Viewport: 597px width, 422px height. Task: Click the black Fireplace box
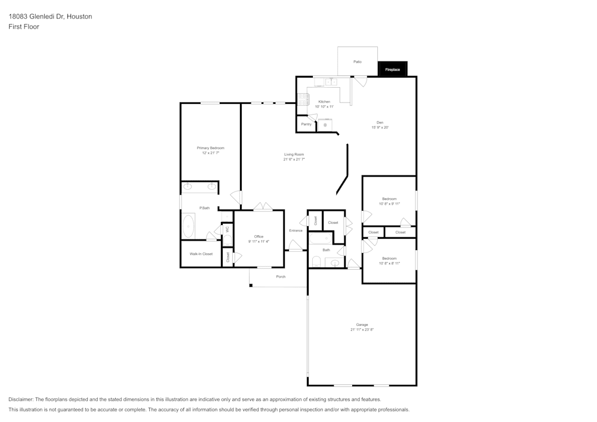pyautogui.click(x=392, y=70)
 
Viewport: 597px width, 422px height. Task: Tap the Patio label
pyautogui.click(x=357, y=61)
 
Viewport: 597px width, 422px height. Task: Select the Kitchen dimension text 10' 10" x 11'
pyautogui.click(x=324, y=107)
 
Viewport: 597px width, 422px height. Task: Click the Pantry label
pyautogui.click(x=306, y=124)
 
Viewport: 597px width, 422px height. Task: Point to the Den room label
pyautogui.click(x=380, y=122)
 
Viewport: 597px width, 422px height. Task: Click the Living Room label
pyautogui.click(x=294, y=155)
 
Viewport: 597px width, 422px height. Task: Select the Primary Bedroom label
pyautogui.click(x=211, y=148)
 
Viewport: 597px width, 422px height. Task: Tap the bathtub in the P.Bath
pyautogui.click(x=189, y=227)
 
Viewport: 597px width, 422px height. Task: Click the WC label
pyautogui.click(x=227, y=230)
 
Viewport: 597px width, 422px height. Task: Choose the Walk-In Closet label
pyautogui.click(x=201, y=254)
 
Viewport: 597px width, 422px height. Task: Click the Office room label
pyautogui.click(x=259, y=236)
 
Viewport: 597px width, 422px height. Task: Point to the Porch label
pyautogui.click(x=281, y=277)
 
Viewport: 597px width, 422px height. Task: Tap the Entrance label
pyautogui.click(x=296, y=230)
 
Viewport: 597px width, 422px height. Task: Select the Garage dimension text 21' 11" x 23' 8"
pyautogui.click(x=362, y=329)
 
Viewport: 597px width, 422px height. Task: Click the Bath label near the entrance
pyautogui.click(x=326, y=250)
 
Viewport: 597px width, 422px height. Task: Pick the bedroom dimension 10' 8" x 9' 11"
pyautogui.click(x=389, y=204)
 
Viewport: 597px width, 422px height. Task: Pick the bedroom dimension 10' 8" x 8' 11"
pyautogui.click(x=389, y=263)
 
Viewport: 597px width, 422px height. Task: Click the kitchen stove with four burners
pyautogui.click(x=302, y=98)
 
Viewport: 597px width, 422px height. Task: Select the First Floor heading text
pyautogui.click(x=24, y=27)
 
